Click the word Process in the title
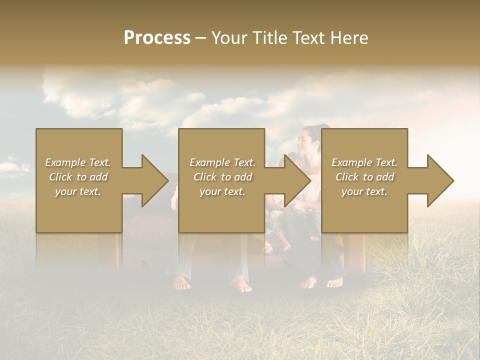157,38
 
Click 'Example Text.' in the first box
78,162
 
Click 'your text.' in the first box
78,191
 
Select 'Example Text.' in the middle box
222,162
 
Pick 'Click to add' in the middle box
222,177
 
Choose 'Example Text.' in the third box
364,162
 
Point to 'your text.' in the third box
364,191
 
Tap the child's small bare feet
280,246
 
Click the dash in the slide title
200,38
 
